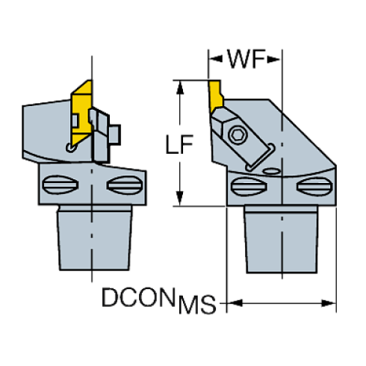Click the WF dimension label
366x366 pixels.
pos(245,59)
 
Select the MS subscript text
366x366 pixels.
pos(196,305)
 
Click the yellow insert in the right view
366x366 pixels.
pos(215,95)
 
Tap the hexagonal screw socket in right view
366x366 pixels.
pos(238,134)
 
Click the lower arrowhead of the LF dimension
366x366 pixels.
pos(179,200)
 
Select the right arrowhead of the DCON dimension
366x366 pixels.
pos(327,303)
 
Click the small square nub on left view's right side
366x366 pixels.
pos(116,134)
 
